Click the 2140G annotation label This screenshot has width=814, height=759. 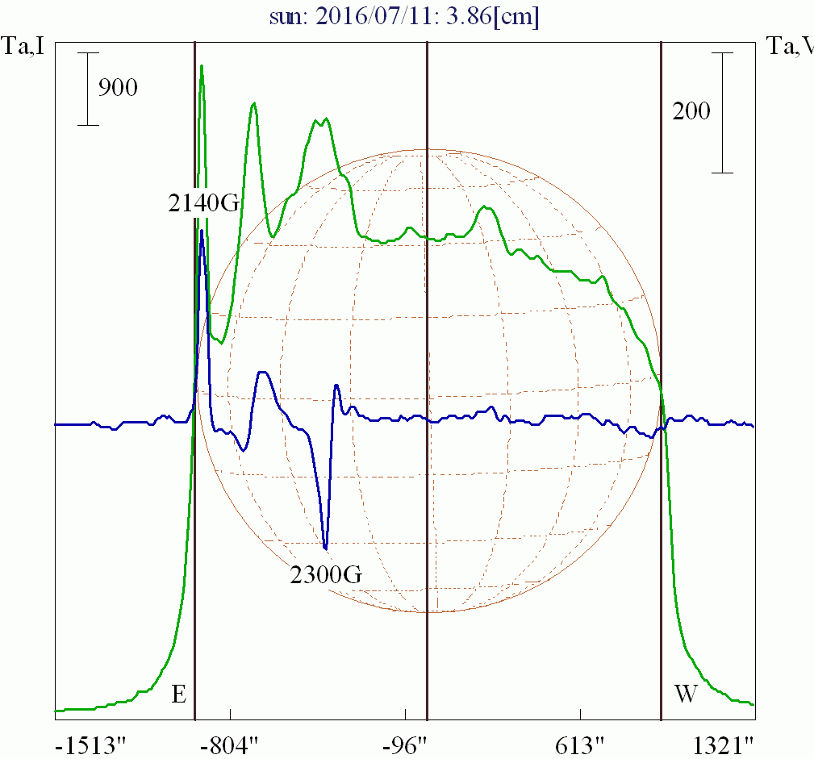click(x=204, y=202)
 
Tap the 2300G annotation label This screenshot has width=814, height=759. click(x=326, y=575)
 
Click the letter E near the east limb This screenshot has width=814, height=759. click(x=179, y=694)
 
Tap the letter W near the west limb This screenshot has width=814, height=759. click(x=685, y=694)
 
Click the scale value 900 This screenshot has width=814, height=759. click(x=118, y=87)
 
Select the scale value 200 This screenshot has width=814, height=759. click(x=691, y=111)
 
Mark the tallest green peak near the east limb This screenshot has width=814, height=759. click(x=201, y=66)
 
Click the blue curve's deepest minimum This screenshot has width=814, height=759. click(x=325, y=549)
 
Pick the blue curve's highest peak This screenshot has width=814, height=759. click(x=201, y=231)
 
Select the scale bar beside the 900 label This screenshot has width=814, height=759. click(x=88, y=89)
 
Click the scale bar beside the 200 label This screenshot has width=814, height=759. click(x=722, y=113)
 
